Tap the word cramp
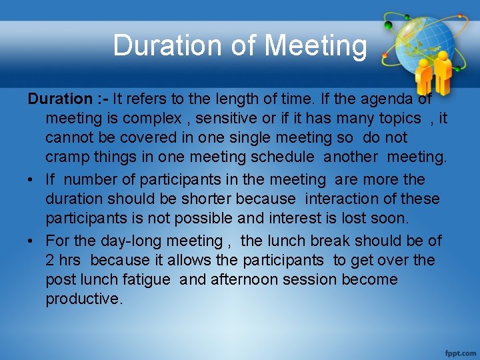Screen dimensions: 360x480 65,157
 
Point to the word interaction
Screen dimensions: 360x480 342,199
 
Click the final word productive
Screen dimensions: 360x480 84,299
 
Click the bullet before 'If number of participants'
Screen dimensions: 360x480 31,180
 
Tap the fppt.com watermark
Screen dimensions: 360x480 460,351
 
